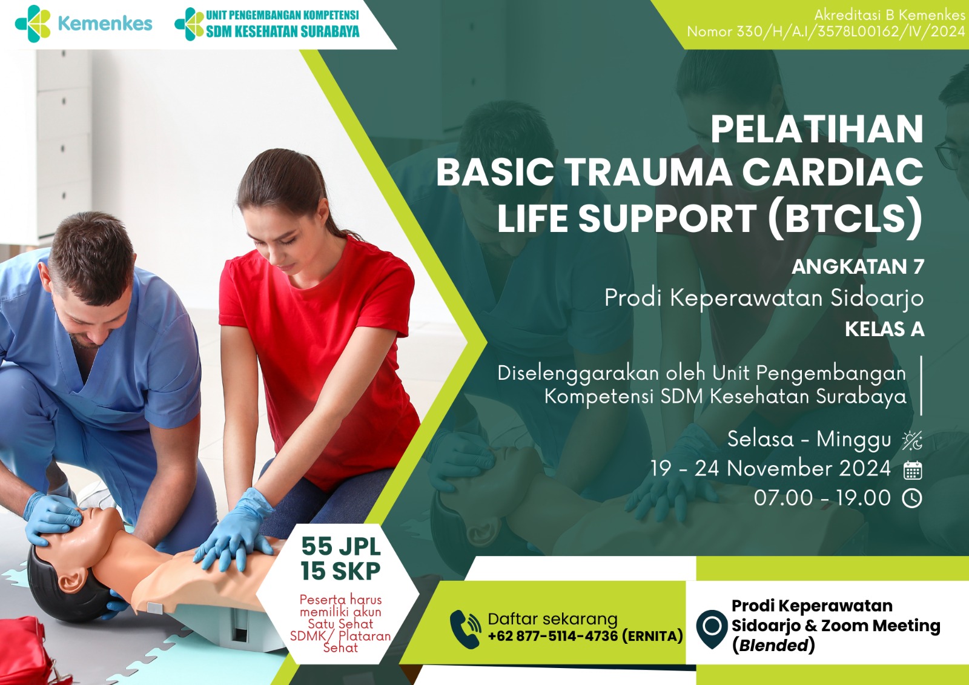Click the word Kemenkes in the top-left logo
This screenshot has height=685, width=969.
pos(105,24)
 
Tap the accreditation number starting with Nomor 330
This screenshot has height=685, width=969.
pos(826,31)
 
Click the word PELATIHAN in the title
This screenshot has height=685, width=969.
pos(817,129)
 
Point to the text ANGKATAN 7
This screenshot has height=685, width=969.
pos(858,266)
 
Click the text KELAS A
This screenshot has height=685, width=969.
pos(885,329)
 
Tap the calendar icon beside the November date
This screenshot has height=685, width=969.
pos(913,471)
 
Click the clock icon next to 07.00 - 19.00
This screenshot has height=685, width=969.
pos(912,498)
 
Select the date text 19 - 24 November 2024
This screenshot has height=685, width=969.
pos(771,469)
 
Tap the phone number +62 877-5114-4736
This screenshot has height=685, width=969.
pos(553,636)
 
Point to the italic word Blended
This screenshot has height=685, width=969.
pos(773,646)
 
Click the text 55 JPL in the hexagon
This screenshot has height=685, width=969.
pos(341,546)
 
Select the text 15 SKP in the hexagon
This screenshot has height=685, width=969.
pos(341,571)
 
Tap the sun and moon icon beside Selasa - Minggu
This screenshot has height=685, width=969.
pos(912,441)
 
